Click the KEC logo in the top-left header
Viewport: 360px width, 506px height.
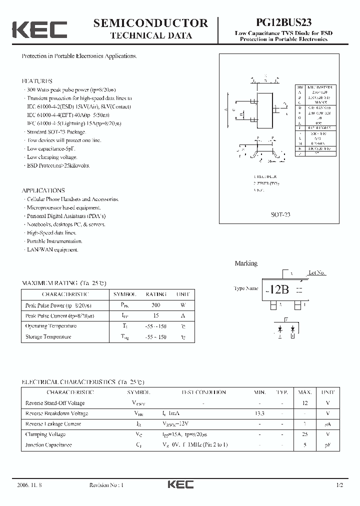39,29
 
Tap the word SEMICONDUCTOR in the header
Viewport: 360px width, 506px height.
150,23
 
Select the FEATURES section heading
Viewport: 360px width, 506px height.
37,80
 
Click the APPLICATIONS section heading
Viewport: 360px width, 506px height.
43,190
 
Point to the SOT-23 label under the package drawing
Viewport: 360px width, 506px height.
280,214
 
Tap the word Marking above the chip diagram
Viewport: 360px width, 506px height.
246,263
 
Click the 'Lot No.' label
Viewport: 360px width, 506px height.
317,273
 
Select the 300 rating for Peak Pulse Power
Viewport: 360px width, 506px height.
155,305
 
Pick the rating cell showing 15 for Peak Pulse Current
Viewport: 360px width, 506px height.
155,315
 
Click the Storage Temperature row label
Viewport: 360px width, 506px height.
48,336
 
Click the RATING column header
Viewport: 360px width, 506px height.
155,294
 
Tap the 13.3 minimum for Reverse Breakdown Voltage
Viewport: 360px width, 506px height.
260,413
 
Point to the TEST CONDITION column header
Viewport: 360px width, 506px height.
203,392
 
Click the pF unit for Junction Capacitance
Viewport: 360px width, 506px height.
327,444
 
